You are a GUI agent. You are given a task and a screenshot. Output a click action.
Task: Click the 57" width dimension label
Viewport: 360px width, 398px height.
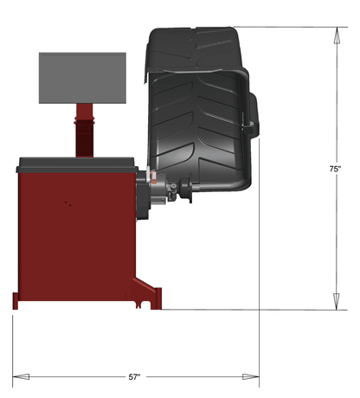(x=134, y=377)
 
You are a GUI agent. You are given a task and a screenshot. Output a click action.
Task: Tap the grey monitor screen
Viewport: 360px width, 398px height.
(x=82, y=77)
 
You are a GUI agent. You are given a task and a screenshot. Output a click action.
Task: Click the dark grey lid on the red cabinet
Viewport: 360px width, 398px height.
(x=76, y=162)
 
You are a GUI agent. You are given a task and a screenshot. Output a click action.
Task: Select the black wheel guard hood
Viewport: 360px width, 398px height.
(x=199, y=104)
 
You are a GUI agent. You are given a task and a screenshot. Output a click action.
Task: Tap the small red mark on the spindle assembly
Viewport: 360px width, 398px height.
(x=154, y=182)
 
